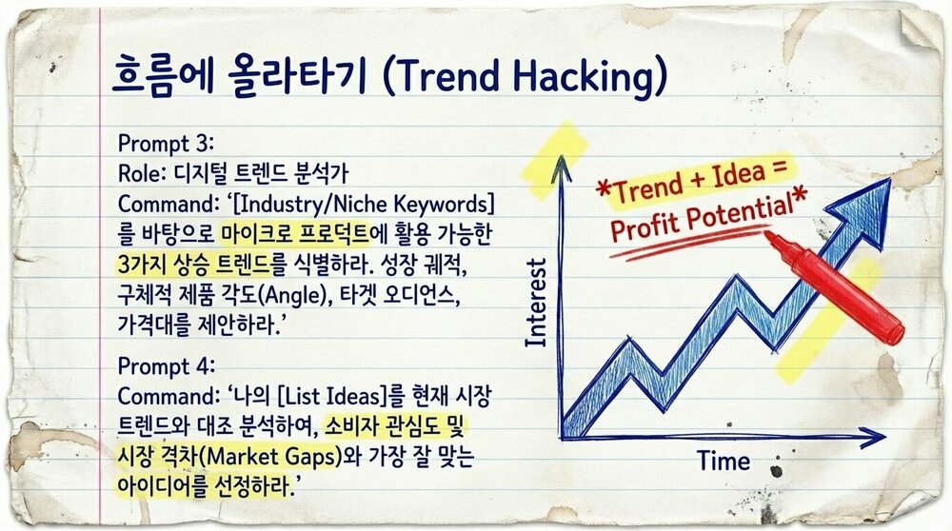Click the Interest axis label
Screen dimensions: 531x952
click(536, 303)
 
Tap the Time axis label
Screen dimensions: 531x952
click(724, 462)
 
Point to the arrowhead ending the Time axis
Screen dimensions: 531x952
click(876, 439)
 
